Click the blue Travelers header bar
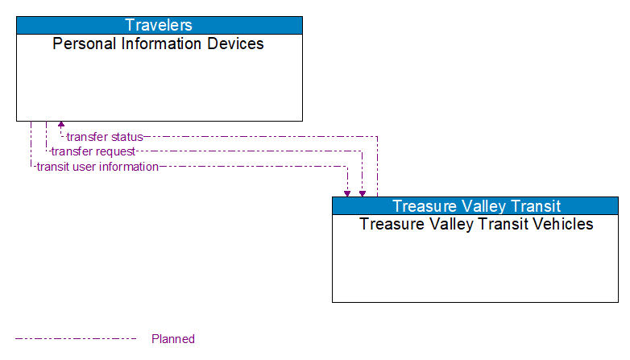click(159, 25)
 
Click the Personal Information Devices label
click(159, 44)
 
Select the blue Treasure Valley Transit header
click(475, 205)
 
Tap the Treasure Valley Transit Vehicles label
click(475, 225)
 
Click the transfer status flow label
click(105, 137)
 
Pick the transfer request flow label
click(93, 151)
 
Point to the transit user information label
click(97, 167)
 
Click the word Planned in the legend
click(173, 339)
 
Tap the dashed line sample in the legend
click(76, 339)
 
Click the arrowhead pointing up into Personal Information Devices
click(61, 126)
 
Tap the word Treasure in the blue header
click(421, 205)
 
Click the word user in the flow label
click(85, 167)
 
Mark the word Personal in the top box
click(81, 44)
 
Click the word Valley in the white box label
click(441, 225)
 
